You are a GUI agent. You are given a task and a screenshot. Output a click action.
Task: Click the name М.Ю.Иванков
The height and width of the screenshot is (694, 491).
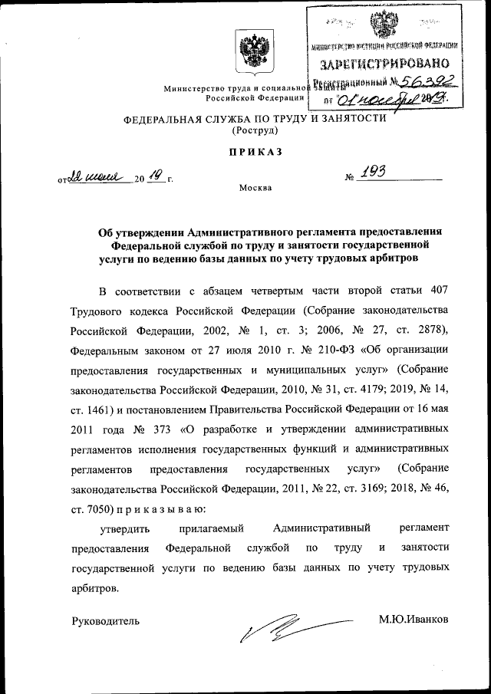(414, 620)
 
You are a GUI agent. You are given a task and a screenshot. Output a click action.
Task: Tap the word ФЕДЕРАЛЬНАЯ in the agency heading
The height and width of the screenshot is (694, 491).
(163, 119)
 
